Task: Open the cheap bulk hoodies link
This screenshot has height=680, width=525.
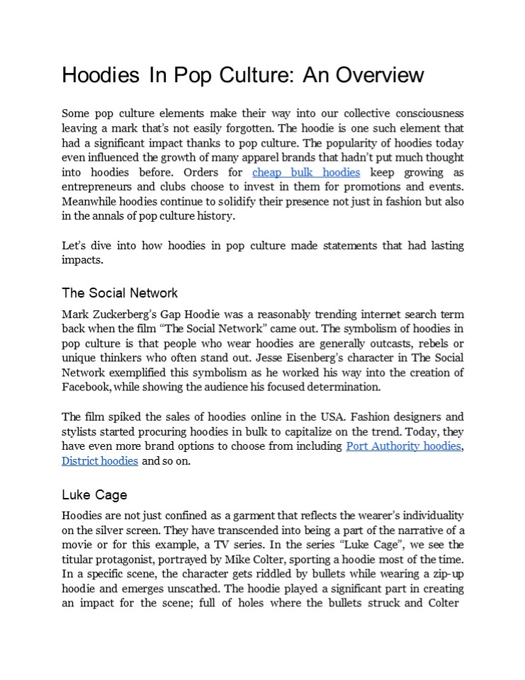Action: (x=306, y=172)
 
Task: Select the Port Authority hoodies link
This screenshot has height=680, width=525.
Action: (x=403, y=446)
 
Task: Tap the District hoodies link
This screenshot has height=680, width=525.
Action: (x=100, y=460)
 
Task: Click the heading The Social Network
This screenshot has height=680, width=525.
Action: (x=120, y=293)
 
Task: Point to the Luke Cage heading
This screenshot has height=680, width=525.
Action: (x=94, y=494)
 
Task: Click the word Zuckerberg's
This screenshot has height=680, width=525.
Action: (x=134, y=314)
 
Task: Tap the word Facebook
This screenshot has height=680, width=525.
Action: (x=86, y=387)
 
